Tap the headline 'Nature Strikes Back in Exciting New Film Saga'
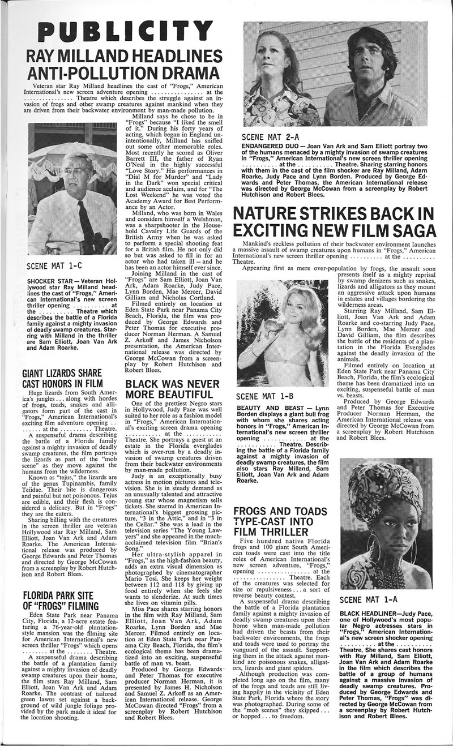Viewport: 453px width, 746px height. [335, 222]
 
